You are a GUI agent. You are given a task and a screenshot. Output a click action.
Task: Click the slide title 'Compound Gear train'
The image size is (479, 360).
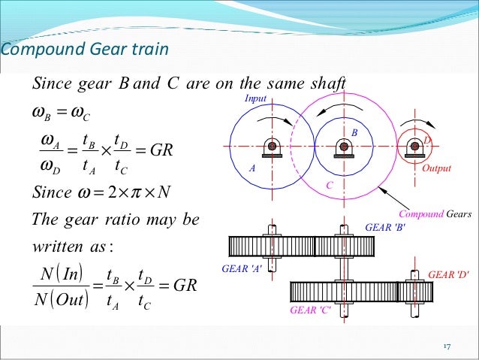point(84,50)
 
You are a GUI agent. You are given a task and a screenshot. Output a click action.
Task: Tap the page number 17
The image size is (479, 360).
point(445,346)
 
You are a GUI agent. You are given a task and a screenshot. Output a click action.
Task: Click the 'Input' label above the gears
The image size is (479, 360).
point(255,98)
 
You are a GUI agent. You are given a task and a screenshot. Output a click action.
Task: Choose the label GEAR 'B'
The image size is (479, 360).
point(384,226)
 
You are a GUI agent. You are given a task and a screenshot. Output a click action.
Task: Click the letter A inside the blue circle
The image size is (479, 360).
point(254,170)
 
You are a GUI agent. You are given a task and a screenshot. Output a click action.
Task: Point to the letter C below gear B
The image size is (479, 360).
point(328,185)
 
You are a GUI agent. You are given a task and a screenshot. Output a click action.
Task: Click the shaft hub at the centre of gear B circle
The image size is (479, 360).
point(344,146)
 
